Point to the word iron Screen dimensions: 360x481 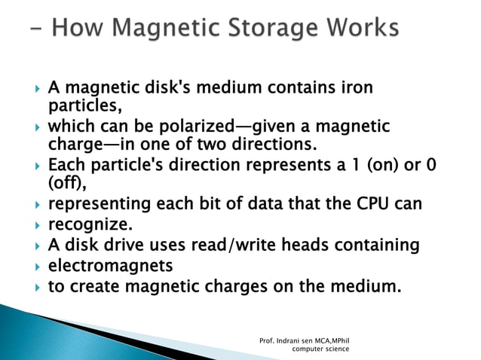click(355, 88)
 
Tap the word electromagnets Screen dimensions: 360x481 click(110, 266)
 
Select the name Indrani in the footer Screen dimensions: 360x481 click(290, 340)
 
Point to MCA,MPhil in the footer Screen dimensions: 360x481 click(331, 340)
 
